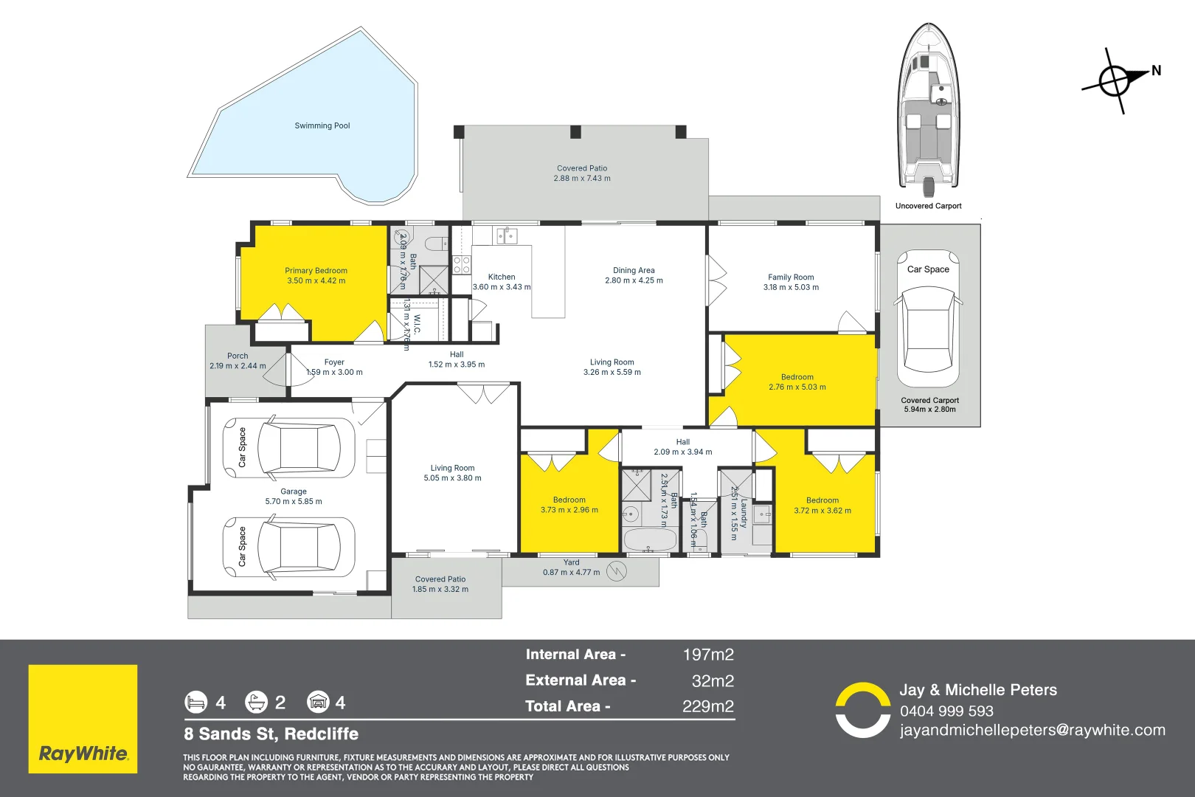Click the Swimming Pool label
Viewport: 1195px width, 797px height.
322,125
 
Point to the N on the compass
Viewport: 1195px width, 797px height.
1156,71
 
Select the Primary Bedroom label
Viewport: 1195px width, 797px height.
316,271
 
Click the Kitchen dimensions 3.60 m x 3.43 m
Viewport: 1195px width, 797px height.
502,287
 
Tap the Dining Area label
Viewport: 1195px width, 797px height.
634,270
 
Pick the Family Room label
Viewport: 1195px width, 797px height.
791,277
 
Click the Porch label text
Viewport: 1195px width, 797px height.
238,356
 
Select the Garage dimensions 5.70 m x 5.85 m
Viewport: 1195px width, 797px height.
294,502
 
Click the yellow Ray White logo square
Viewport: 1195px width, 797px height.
83,719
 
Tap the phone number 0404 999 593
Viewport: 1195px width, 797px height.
946,711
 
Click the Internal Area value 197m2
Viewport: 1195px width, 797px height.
708,655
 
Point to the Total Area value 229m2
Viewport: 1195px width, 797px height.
708,706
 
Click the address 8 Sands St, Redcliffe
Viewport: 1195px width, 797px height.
271,734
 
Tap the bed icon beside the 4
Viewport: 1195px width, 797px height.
196,702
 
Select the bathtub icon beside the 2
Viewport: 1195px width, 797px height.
256,702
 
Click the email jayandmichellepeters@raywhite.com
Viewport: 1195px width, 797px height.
1033,731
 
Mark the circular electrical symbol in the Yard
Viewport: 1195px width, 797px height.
617,571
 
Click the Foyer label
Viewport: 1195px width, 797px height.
334,362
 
